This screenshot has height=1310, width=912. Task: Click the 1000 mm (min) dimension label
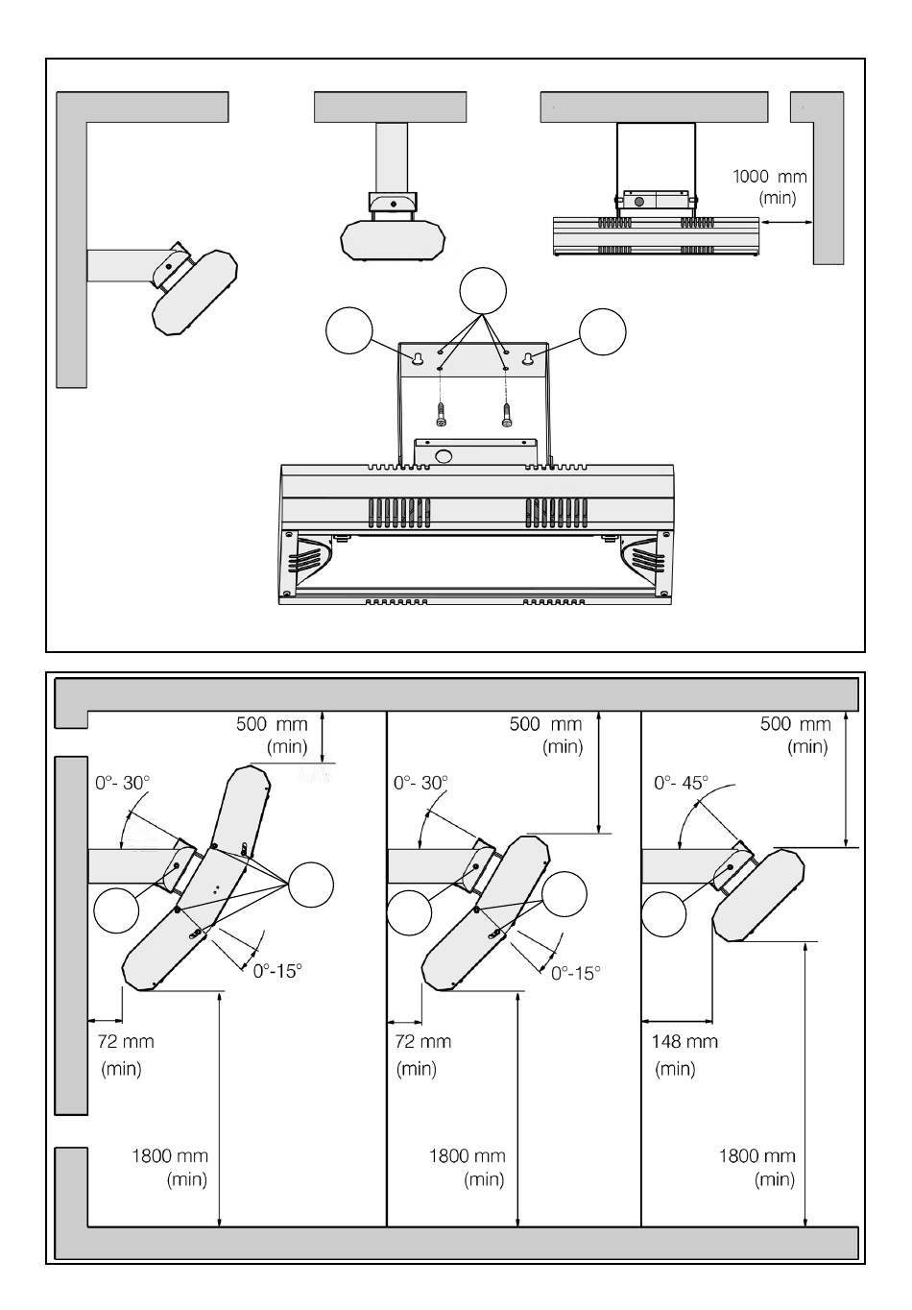(x=770, y=187)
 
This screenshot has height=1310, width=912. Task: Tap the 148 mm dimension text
(x=684, y=1042)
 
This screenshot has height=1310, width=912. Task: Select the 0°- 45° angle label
(x=681, y=783)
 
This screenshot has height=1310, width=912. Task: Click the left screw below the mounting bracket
(x=440, y=415)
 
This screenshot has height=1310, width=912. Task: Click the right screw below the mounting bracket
(x=506, y=415)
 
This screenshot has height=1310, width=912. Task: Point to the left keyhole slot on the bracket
(x=418, y=360)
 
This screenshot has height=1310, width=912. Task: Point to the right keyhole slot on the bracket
(x=527, y=359)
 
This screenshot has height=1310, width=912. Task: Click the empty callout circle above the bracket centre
(x=483, y=291)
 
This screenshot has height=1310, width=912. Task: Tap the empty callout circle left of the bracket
(x=349, y=330)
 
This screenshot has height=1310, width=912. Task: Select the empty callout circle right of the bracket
(x=603, y=331)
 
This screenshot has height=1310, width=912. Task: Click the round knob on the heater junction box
(x=444, y=456)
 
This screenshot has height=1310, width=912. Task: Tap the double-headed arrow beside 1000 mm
(x=787, y=221)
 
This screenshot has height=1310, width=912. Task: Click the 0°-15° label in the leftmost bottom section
(x=277, y=970)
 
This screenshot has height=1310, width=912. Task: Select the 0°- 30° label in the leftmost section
(x=123, y=783)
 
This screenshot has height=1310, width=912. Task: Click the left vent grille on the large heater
(x=400, y=513)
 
